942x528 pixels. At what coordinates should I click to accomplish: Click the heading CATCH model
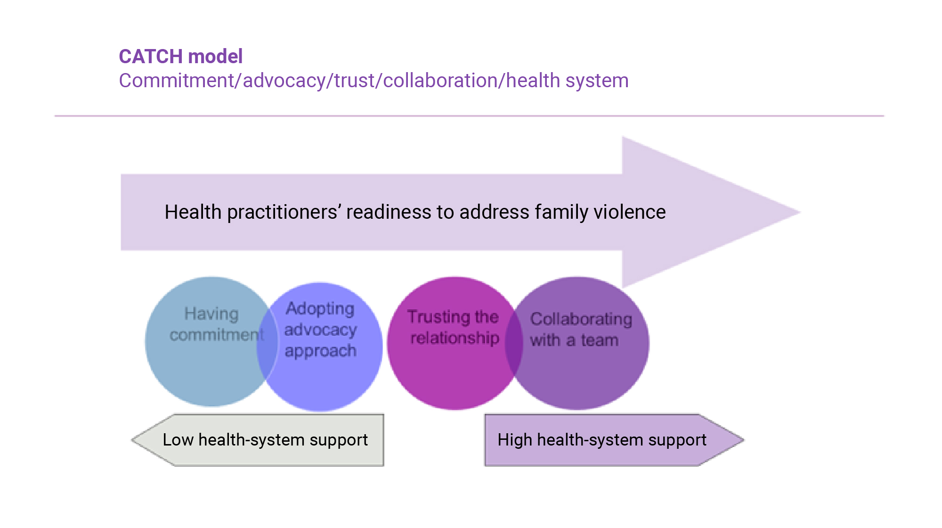click(x=181, y=57)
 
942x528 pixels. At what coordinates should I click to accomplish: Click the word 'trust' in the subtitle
click(x=354, y=81)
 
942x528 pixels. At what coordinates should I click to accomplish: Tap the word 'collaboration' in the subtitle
click(x=440, y=81)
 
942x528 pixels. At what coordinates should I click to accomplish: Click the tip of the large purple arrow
click(x=798, y=213)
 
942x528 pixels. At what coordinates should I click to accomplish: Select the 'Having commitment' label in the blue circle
click(x=214, y=324)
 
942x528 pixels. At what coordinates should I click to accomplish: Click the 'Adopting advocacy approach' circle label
click(x=320, y=330)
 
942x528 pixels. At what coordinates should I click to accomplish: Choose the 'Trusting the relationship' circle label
click(x=454, y=327)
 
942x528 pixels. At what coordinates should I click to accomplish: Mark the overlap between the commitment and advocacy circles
click(x=268, y=344)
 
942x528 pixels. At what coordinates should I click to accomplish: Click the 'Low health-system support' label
click(x=265, y=440)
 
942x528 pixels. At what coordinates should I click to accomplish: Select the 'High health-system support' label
click(x=602, y=440)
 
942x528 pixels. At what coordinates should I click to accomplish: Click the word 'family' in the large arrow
click(x=561, y=212)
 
